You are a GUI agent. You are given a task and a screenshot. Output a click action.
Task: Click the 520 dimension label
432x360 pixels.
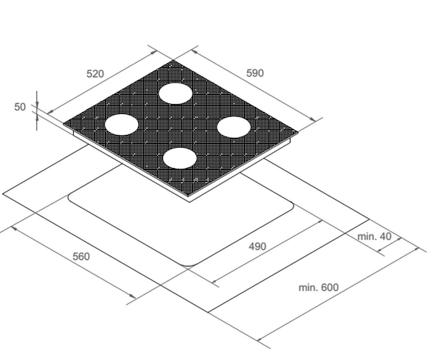[95, 74]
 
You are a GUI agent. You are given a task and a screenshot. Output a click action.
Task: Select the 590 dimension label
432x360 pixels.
[255, 73]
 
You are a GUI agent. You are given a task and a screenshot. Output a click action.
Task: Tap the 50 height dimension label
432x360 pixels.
[20, 107]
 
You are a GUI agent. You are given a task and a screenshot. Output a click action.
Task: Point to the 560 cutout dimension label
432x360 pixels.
[81, 257]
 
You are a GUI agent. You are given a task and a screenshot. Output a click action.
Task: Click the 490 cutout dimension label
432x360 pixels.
[257, 246]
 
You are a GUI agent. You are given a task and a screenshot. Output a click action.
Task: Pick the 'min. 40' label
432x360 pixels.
[374, 237]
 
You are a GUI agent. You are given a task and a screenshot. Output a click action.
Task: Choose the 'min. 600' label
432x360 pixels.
[319, 288]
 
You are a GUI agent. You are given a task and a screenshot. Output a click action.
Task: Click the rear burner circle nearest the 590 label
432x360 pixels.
[175, 94]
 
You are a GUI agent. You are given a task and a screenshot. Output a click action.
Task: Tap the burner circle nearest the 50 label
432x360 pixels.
[122, 125]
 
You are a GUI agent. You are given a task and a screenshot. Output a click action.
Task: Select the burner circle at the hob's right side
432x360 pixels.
[234, 127]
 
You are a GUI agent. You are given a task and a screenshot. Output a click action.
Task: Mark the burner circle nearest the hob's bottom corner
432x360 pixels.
[180, 158]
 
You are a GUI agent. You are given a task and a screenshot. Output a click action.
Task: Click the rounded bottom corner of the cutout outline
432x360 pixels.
[189, 265]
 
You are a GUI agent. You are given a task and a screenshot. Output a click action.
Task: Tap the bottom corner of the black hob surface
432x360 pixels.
[188, 196]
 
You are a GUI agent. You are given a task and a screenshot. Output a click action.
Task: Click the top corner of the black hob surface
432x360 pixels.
[173, 60]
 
